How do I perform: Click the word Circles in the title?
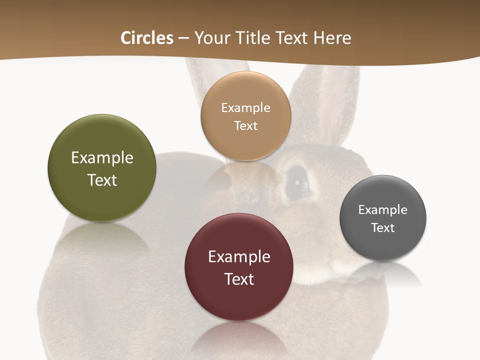point(146,38)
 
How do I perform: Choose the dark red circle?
point(239,300)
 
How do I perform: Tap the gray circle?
point(383,245)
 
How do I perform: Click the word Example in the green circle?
point(102,158)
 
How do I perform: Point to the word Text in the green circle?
point(102,180)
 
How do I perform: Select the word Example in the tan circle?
point(245,108)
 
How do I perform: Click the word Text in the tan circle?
point(245,126)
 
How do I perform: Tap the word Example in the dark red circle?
point(239,257)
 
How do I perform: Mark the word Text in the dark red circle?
point(239,279)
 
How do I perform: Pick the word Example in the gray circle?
point(383,210)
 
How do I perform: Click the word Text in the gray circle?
point(383,228)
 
